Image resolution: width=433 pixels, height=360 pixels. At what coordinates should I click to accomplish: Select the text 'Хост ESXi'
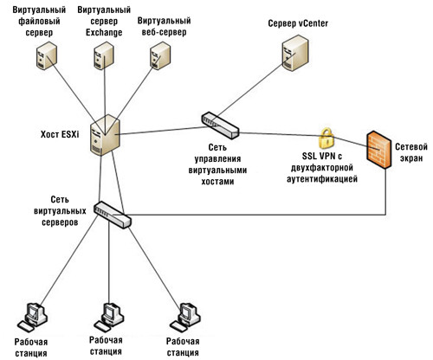(61, 134)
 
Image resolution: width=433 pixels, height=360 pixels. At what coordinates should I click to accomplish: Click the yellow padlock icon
(326, 138)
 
